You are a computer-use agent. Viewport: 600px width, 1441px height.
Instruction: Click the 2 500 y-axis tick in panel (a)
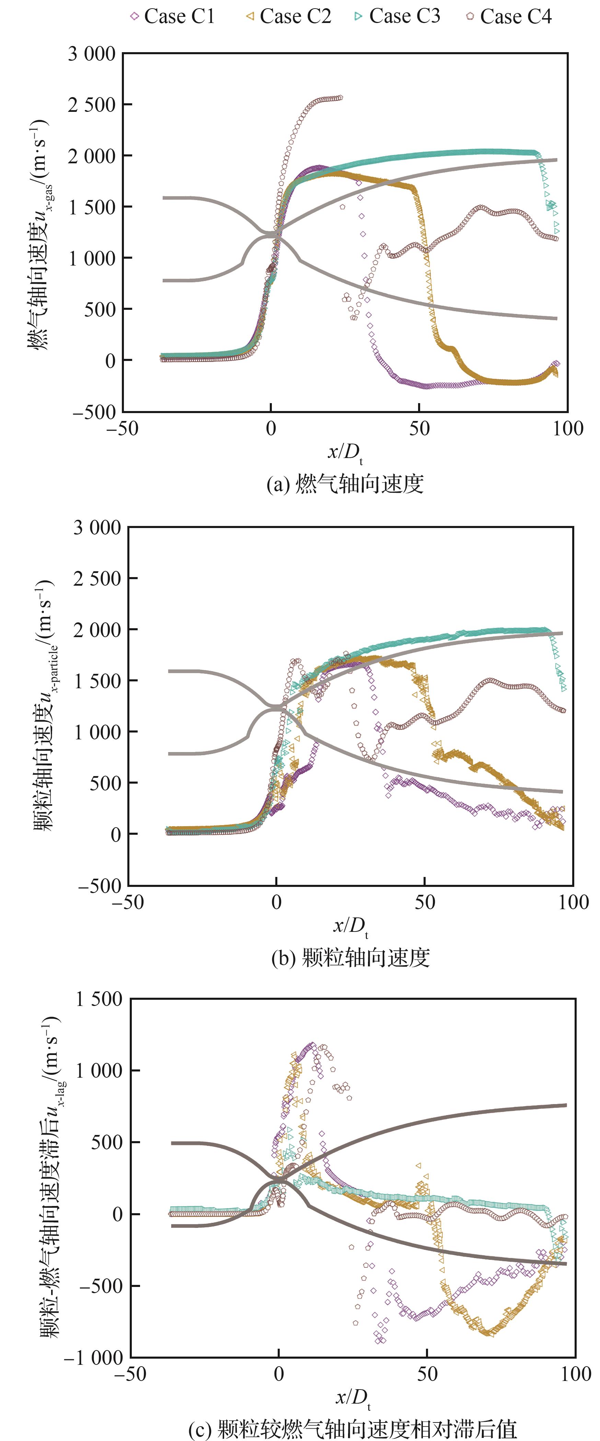pos(92,105)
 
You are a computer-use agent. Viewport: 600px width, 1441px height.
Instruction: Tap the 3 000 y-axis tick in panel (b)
pos(97,527)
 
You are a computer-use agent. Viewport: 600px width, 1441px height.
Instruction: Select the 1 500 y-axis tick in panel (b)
pos(97,681)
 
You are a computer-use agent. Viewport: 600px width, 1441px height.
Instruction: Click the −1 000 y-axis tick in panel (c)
pos(93,1358)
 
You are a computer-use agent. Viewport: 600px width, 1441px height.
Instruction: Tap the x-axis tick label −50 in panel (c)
pos(130,1374)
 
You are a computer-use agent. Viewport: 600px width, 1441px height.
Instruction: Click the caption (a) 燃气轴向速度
pos(345,484)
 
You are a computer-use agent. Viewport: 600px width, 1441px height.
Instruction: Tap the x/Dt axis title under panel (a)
pos(345,452)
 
